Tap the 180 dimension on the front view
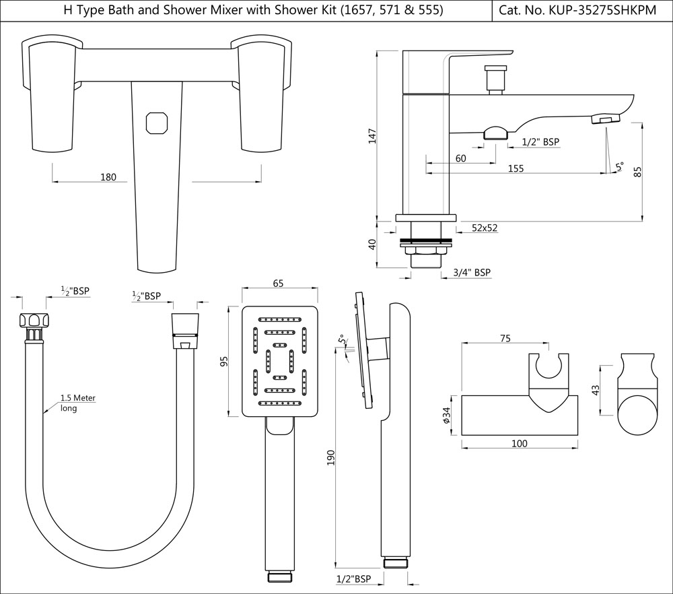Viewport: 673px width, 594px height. pos(108,177)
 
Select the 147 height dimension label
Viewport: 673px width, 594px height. pos(372,136)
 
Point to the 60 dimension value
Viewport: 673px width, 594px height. pos(460,158)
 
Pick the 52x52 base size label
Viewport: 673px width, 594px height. pos(485,228)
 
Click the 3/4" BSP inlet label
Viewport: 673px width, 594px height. pos(472,273)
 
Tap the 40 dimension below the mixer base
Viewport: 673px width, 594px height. pos(372,244)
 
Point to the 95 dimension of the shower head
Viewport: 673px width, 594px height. pos(225,361)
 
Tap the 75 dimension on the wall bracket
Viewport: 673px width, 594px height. pos(504,339)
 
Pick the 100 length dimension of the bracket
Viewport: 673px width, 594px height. pos(520,443)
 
